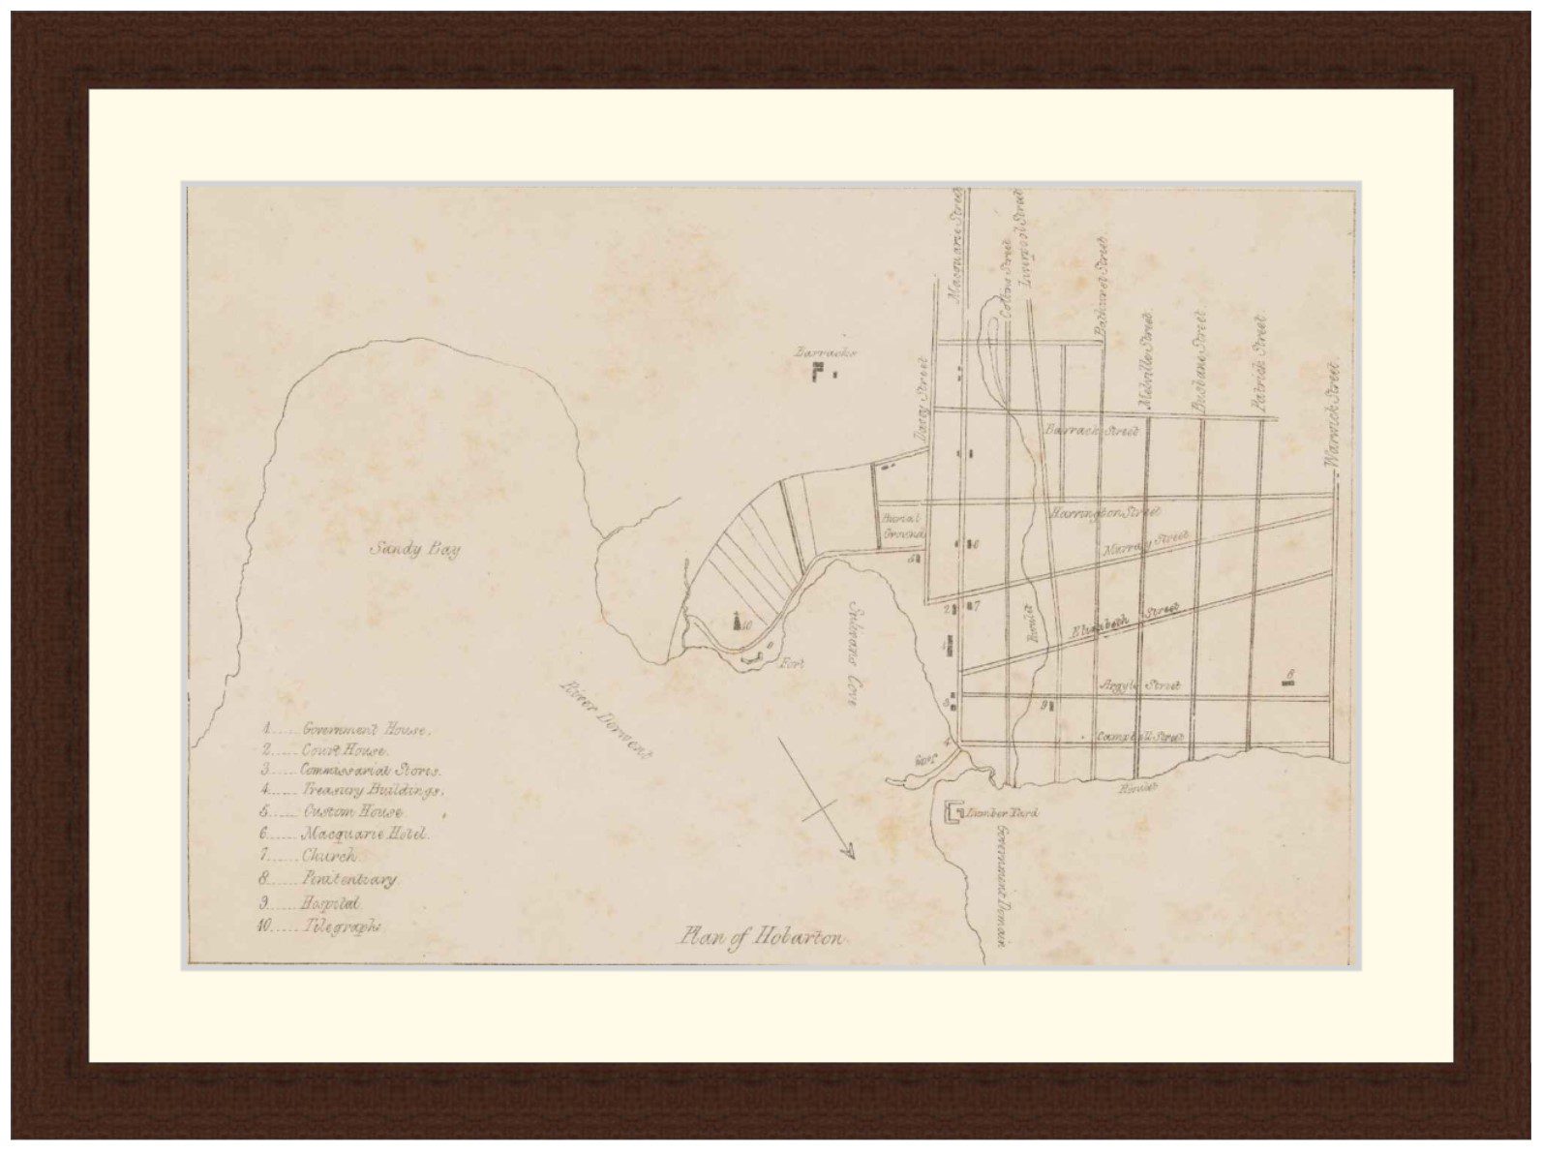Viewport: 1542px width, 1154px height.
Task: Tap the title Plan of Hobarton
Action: [x=761, y=937]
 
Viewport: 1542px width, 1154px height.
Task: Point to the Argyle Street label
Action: [x=1139, y=685]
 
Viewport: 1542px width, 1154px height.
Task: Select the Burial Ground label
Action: [x=903, y=526]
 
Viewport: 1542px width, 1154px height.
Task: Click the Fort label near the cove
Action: [x=794, y=664]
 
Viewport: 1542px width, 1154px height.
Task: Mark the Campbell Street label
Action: [x=1139, y=737]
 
